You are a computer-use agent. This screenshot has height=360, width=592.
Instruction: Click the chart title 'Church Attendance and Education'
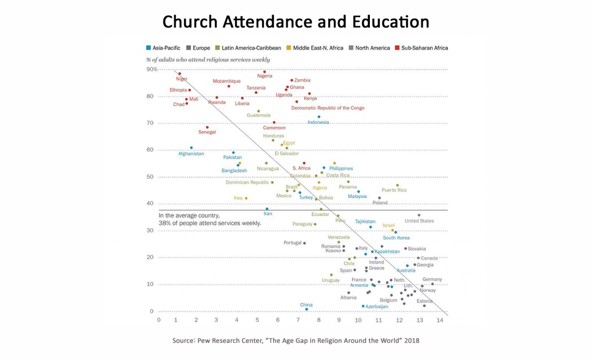click(295, 22)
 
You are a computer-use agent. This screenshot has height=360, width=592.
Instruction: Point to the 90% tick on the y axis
click(152, 69)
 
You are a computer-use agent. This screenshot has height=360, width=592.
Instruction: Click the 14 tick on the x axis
click(439, 320)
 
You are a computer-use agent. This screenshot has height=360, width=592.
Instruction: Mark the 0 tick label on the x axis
click(159, 320)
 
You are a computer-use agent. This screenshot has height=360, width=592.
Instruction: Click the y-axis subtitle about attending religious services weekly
click(208, 60)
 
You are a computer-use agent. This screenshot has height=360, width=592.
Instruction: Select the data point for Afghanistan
click(191, 148)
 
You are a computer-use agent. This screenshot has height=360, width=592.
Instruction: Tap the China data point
click(306, 309)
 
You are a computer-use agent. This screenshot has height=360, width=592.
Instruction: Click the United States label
click(419, 221)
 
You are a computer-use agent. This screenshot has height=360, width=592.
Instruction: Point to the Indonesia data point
click(319, 117)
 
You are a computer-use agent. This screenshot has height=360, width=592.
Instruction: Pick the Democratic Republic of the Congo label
click(327, 108)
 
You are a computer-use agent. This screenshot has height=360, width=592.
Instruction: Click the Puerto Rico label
click(394, 190)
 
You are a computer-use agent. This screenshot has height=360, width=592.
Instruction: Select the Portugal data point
click(304, 243)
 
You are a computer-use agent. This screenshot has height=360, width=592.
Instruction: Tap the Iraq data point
click(246, 198)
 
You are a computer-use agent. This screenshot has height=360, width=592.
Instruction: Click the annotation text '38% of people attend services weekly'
click(209, 223)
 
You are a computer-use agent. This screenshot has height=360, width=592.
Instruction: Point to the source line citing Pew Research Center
click(295, 340)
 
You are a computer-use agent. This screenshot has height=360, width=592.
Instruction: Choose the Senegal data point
click(207, 127)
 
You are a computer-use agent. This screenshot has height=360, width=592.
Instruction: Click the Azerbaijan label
click(377, 306)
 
